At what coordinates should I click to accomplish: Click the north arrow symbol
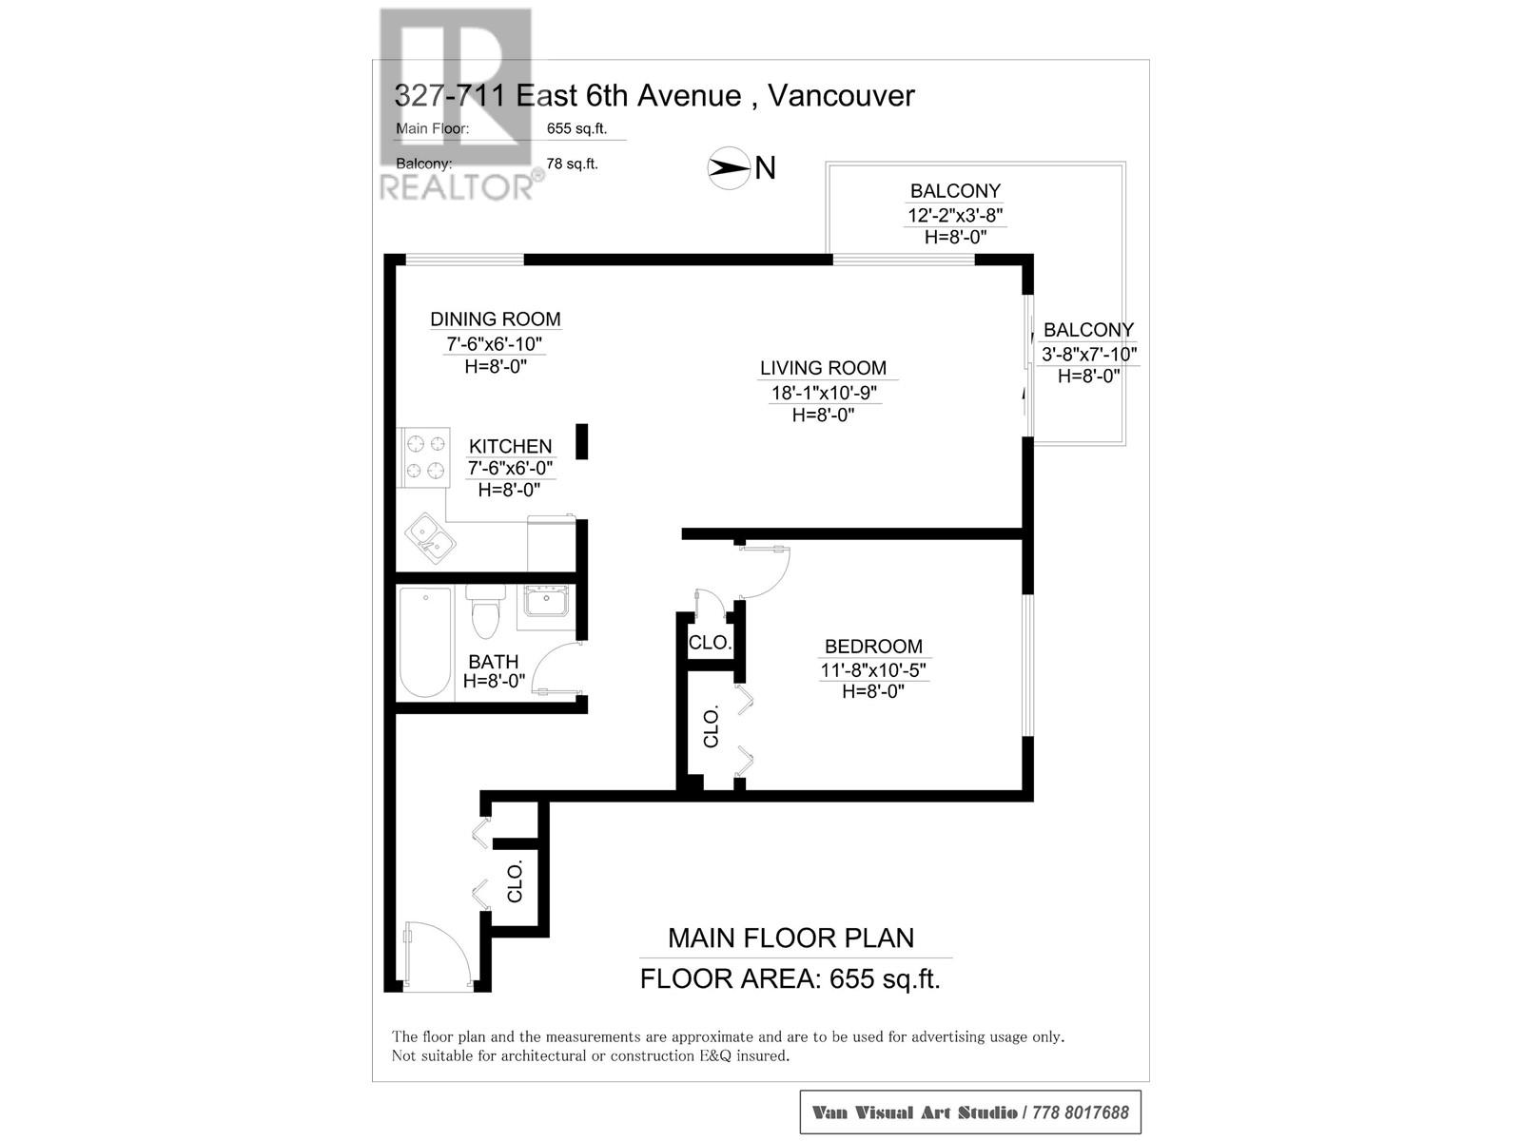729,168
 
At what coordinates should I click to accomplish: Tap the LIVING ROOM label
823,368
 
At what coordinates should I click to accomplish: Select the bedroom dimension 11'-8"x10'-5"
873,670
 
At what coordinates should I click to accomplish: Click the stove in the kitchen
425,456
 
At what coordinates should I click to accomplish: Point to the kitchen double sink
430,538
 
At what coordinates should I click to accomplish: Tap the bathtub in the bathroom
424,643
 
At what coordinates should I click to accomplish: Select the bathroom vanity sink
546,602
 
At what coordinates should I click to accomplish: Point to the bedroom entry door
766,570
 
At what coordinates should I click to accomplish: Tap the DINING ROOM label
495,319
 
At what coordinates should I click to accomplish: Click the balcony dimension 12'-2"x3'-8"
955,215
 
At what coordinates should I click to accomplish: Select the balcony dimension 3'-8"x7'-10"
1088,354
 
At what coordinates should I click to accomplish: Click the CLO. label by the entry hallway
516,882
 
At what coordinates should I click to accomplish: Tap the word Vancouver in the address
841,95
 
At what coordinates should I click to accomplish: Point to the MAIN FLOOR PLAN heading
790,938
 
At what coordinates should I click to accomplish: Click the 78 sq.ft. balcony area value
572,164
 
